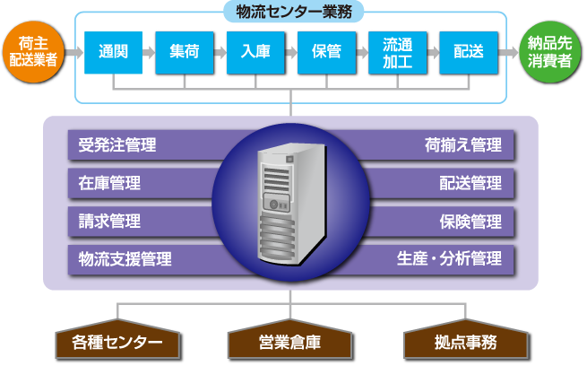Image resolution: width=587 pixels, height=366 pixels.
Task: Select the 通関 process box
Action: pos(113,52)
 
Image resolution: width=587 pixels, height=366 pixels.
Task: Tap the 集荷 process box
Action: pos(184,52)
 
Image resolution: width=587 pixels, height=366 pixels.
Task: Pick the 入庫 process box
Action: pos(255,52)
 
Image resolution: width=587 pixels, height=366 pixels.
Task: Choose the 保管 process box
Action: pos(326,52)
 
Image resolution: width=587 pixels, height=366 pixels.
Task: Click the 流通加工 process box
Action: pos(397,52)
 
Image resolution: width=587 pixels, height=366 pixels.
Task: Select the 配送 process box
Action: pos(468,52)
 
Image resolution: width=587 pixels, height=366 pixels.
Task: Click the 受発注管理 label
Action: pos(117,145)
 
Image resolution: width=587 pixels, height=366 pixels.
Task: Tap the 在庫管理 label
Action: pos(109,184)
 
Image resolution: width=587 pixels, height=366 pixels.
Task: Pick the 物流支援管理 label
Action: pos(125,259)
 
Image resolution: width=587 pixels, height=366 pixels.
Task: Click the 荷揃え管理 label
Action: pos(463,145)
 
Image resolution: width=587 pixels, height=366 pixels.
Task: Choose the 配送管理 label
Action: pos(470,184)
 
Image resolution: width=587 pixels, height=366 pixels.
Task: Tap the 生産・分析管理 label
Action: pos(449,259)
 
